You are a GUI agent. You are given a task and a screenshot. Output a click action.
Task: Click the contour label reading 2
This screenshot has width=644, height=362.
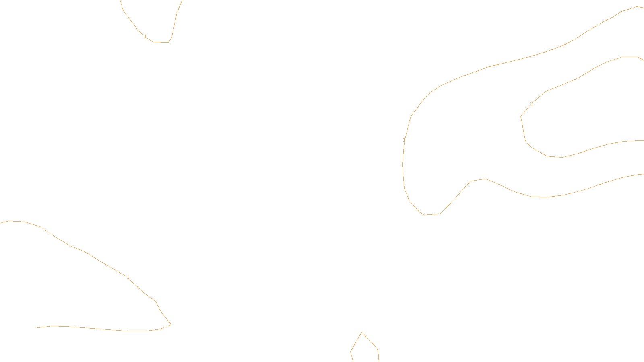(531, 104)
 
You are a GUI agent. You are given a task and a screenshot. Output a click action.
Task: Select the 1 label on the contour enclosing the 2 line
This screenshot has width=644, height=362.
(404, 140)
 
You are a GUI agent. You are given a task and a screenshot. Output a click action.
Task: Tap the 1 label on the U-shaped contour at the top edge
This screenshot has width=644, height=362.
(145, 37)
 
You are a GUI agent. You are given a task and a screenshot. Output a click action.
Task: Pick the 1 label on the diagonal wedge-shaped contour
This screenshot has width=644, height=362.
(128, 277)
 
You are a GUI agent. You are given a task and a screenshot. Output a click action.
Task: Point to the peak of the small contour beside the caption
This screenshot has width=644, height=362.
(362, 332)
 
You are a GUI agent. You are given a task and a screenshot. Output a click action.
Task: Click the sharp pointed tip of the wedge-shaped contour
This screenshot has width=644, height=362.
(171, 325)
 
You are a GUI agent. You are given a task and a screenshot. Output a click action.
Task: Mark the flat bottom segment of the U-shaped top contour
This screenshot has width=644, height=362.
(161, 42)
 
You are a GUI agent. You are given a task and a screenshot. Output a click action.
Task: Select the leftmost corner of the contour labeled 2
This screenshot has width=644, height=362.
(521, 117)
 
